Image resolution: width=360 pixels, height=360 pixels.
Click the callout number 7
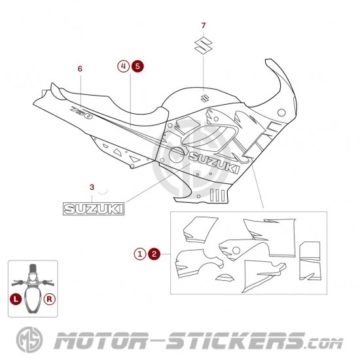point(203,26)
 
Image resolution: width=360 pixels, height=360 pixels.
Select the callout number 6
point(80,69)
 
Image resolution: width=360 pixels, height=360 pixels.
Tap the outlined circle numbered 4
point(124,66)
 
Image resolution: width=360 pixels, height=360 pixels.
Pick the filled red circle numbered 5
point(137,66)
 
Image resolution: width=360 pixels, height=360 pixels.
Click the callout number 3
point(92,187)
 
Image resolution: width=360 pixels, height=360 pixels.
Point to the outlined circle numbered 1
point(140,254)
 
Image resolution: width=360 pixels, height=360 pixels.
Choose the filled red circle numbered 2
point(154,254)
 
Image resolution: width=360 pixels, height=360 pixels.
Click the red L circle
point(16,299)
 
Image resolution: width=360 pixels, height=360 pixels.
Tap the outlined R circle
point(50,299)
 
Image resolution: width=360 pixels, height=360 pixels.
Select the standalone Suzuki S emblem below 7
point(203,45)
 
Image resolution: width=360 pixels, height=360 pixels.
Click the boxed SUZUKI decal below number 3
point(94,209)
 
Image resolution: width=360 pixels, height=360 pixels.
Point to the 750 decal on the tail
point(81,113)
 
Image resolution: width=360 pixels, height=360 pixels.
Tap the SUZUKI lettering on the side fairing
point(214,162)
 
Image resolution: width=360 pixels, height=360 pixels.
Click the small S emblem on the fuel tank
point(204,98)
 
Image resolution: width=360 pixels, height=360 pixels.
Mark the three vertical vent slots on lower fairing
point(217,196)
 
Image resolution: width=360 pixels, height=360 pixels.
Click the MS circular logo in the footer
point(29,340)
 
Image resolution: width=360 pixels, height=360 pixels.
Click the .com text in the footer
point(324,344)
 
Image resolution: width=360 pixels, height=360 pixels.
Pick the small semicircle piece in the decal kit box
point(225,278)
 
